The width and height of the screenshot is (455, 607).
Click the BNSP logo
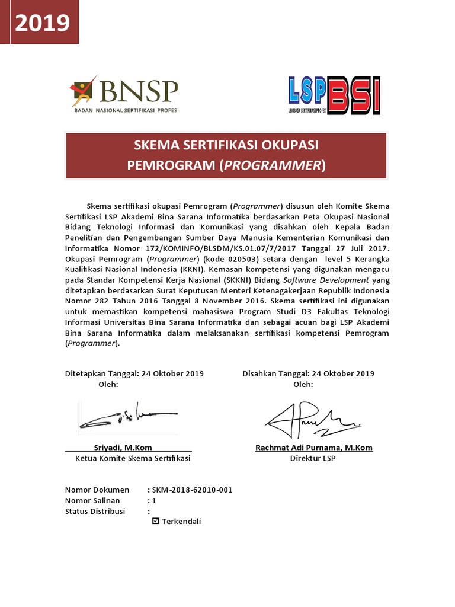point(124,95)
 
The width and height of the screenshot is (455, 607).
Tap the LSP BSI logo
point(334,95)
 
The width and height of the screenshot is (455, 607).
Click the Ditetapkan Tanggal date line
point(134,373)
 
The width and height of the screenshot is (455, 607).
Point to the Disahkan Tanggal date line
point(308,373)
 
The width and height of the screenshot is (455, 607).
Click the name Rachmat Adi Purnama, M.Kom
point(314,448)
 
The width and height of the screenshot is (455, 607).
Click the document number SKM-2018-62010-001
point(192,490)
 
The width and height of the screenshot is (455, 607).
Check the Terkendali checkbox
point(156,522)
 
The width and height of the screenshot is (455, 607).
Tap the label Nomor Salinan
point(92,500)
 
